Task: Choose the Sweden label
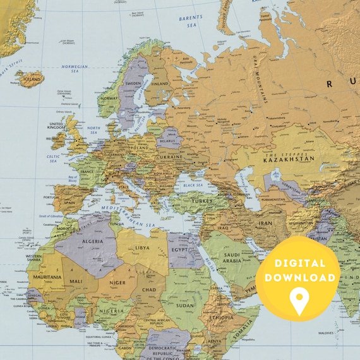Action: click(x=133, y=83)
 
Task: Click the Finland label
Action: click(x=160, y=83)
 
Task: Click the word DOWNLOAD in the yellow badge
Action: click(x=299, y=277)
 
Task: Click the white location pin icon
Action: click(x=299, y=301)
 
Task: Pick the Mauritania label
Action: click(x=47, y=277)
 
